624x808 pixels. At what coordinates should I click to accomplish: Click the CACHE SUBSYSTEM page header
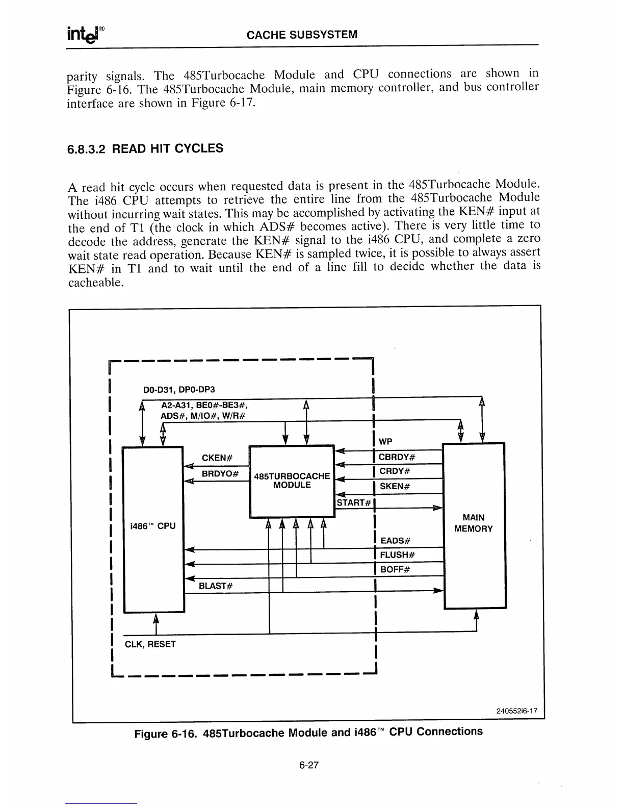pyautogui.click(x=302, y=35)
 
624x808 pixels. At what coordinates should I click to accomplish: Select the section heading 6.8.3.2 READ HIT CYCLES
pyautogui.click(x=145, y=149)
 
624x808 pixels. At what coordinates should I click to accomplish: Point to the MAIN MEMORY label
pyautogui.click(x=473, y=523)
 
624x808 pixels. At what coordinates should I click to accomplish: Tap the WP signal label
pyautogui.click(x=386, y=441)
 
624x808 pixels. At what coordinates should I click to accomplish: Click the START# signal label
pyautogui.click(x=353, y=502)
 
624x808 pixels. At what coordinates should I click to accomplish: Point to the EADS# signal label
pyautogui.click(x=396, y=540)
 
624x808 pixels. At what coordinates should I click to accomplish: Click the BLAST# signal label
pyautogui.click(x=216, y=585)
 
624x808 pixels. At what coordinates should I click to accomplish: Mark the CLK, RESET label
pyautogui.click(x=150, y=644)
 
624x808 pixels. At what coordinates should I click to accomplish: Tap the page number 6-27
pyautogui.click(x=309, y=765)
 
